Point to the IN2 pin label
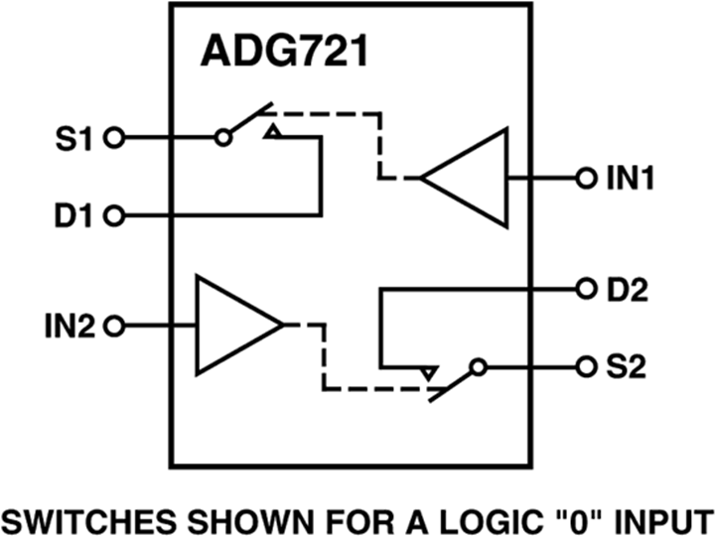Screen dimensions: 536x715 (70, 325)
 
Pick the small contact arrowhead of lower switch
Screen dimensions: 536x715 (428, 372)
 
